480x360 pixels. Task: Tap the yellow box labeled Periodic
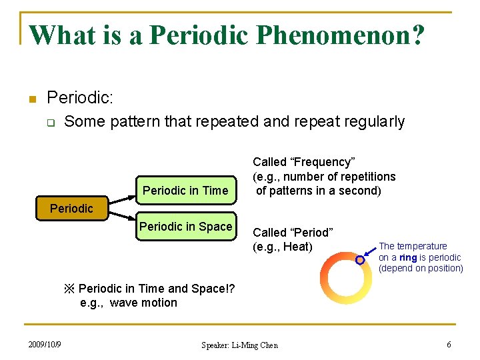(x=71, y=208)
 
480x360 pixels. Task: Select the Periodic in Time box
(x=185, y=191)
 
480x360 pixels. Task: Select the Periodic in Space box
(x=185, y=227)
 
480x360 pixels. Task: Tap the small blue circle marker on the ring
(x=360, y=260)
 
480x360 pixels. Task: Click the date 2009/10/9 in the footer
(x=45, y=344)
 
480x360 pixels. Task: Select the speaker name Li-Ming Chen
(x=257, y=345)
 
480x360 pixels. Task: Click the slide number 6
(x=449, y=344)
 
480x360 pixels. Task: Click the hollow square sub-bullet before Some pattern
(x=51, y=123)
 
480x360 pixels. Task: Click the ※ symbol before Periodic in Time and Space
(x=69, y=289)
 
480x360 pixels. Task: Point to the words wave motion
(x=143, y=303)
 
